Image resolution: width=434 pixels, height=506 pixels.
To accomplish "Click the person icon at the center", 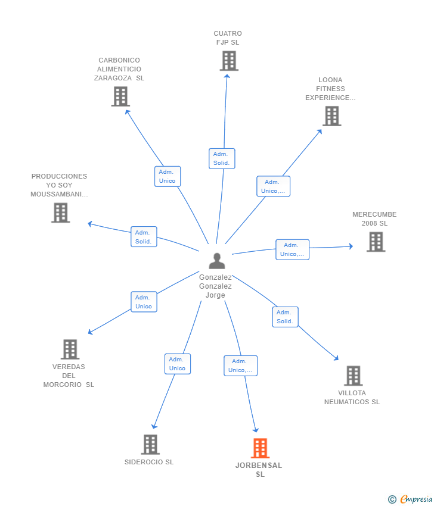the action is (x=217, y=261).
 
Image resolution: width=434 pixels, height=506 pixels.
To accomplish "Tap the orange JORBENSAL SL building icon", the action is (x=260, y=448).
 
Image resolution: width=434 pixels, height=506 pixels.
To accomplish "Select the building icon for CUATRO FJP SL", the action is (x=229, y=61).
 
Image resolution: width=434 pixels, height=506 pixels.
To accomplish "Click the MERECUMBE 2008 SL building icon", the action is (x=376, y=242).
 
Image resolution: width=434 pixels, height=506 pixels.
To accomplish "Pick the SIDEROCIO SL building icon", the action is (x=150, y=444).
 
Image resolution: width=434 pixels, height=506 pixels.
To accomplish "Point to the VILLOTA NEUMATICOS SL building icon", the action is (x=353, y=376).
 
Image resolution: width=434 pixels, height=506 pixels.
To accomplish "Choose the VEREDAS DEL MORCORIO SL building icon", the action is (x=70, y=349).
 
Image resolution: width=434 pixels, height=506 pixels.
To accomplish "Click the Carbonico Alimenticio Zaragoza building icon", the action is (x=120, y=96).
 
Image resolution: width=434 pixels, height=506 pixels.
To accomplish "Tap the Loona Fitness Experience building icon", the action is (x=332, y=116).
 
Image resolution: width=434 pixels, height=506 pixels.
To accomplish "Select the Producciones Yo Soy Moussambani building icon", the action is (x=60, y=213).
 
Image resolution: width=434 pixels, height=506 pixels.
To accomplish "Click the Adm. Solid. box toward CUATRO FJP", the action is (x=222, y=158).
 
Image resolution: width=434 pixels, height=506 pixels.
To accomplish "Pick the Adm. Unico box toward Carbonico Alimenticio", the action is (x=168, y=176).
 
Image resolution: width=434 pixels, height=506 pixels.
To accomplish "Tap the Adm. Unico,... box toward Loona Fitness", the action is (x=274, y=186).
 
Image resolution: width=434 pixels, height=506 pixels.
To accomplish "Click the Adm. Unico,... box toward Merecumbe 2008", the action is (x=293, y=249).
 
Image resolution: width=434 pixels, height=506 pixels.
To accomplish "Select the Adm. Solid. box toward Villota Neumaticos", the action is (x=285, y=317).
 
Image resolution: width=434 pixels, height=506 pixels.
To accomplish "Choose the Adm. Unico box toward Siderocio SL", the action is (x=178, y=364).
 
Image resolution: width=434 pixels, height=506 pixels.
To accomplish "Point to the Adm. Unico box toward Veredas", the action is (x=144, y=302).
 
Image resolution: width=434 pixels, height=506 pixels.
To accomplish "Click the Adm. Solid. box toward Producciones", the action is (x=144, y=236).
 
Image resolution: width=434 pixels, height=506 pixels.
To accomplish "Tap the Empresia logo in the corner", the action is (x=410, y=499).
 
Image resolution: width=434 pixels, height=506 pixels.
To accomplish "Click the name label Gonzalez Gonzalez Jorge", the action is (x=215, y=286).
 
